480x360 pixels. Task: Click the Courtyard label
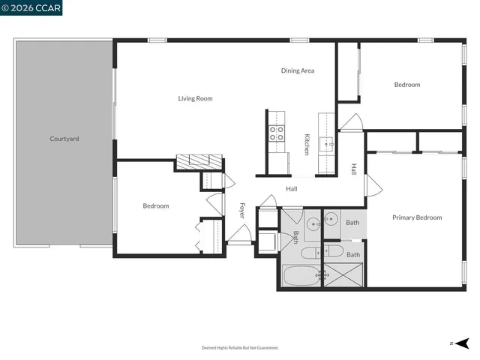tap(64, 139)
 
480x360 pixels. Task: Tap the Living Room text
tap(195, 98)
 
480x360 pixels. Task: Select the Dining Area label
tap(298, 70)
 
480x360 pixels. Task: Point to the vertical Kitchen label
tap(307, 144)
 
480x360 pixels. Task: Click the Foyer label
tap(242, 210)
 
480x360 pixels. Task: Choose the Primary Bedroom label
tap(417, 217)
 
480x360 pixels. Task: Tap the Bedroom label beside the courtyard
tap(156, 205)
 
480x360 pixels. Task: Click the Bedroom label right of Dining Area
tap(407, 85)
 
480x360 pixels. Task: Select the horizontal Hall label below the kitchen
tap(292, 189)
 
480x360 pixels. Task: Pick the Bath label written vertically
tap(295, 237)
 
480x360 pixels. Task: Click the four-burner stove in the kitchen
tap(277, 133)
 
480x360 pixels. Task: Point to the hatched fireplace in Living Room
tap(199, 160)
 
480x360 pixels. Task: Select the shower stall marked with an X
tap(343, 275)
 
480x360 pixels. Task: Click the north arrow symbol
tap(461, 343)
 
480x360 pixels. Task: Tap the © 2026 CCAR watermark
tap(31, 7)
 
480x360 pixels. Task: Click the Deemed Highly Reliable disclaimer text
tap(240, 348)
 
